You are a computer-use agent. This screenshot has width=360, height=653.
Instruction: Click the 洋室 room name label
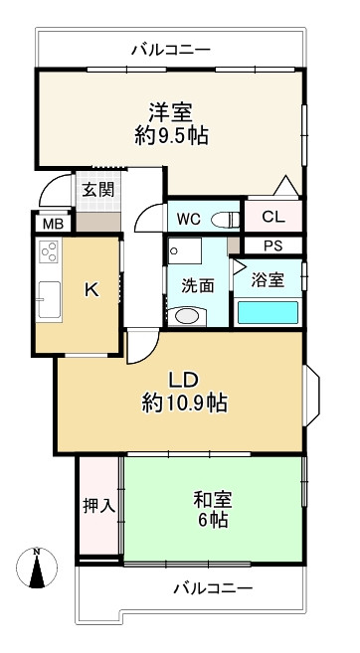171,111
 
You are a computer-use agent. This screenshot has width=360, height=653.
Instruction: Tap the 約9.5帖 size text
171,136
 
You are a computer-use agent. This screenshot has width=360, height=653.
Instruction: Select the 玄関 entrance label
96,190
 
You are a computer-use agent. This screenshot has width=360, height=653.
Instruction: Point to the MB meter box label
53,224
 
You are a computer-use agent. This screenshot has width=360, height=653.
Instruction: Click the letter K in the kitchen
90,290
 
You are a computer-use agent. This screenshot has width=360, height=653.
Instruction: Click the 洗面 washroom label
197,285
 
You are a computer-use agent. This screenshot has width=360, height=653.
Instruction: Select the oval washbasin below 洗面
185,316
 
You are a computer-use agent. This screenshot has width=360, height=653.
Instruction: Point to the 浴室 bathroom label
270,280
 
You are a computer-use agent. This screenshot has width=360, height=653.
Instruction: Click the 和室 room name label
213,497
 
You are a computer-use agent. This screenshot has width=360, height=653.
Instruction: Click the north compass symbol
37,570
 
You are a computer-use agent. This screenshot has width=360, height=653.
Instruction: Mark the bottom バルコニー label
213,588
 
